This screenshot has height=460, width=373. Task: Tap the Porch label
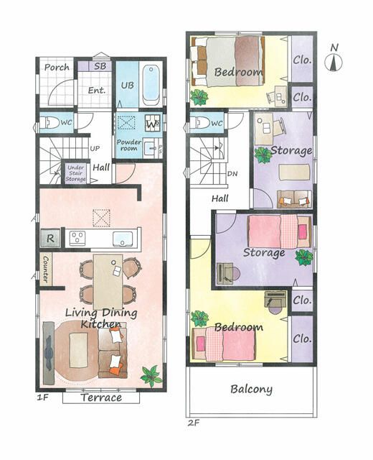(57, 68)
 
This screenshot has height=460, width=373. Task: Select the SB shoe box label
(100, 66)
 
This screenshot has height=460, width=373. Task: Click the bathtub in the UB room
(151, 85)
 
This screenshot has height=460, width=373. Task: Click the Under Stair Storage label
(75, 173)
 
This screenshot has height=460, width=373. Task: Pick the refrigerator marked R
(50, 238)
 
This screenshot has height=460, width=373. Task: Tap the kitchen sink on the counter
(123, 238)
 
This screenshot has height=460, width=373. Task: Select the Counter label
(46, 269)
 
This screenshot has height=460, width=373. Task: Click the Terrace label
(101, 397)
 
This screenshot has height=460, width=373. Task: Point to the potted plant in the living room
(151, 376)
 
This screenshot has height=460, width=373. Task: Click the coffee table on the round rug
(78, 350)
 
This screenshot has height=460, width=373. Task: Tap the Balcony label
(252, 389)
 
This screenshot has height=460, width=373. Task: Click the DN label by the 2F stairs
(232, 174)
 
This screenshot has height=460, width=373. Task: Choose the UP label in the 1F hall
(95, 149)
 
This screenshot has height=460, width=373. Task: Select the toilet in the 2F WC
(199, 124)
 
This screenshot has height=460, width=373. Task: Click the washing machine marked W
(153, 124)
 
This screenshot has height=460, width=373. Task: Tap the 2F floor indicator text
(194, 423)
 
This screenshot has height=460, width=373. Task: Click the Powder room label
(129, 145)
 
